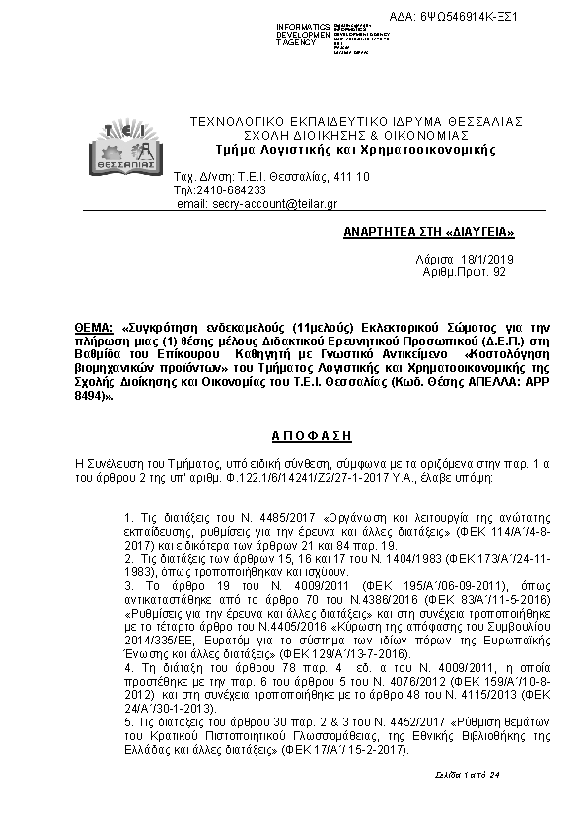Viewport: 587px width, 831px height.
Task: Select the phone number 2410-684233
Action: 235,189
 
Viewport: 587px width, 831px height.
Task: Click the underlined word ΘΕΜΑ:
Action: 94,326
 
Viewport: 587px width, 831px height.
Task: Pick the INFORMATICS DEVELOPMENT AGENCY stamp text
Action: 303,36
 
